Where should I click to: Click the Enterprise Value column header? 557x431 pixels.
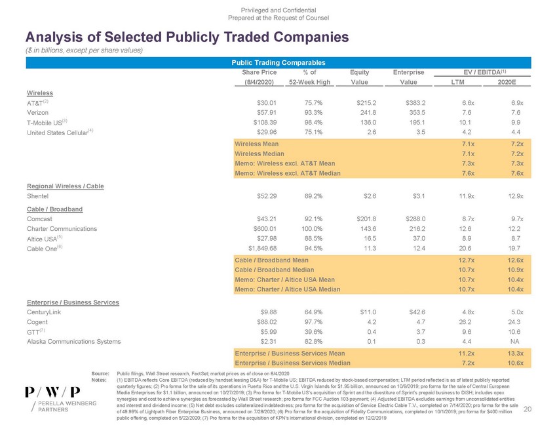click(408, 72)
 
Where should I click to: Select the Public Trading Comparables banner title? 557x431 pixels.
click(278, 62)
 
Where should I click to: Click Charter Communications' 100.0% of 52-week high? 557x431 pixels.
click(315, 228)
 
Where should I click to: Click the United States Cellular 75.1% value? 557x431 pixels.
click(317, 131)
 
